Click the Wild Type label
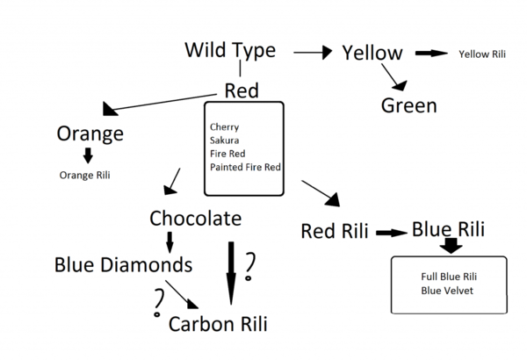(230, 50)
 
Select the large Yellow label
(372, 54)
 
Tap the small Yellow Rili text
(482, 54)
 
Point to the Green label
(408, 106)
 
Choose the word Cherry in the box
(224, 126)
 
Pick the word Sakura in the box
(224, 140)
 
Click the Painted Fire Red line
(245, 166)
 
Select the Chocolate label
(195, 218)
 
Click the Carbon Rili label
(218, 323)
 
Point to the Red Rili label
(335, 232)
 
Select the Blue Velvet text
(447, 290)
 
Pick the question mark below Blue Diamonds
(159, 301)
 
